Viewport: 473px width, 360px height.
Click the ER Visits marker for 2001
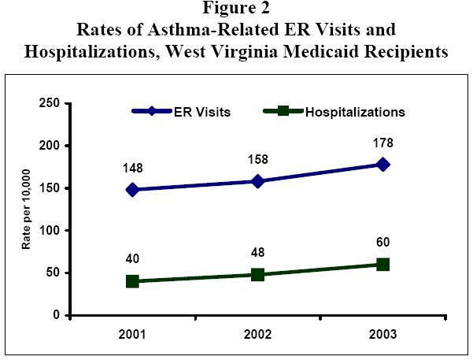coord(132,190)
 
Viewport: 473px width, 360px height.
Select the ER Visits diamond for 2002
coord(257,181)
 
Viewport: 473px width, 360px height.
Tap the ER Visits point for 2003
coord(382,164)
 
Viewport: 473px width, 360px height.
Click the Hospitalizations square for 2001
coord(132,281)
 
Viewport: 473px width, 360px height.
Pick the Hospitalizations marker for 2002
coord(257,274)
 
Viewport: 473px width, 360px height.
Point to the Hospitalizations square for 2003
coord(382,264)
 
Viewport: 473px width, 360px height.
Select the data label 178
coord(383,143)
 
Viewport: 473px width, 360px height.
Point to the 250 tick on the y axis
coord(50,104)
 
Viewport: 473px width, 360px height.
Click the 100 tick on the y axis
coord(50,231)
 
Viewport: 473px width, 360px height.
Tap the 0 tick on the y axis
coord(56,315)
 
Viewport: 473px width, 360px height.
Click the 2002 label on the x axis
coord(257,333)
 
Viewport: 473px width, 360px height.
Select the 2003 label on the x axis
coord(383,333)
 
